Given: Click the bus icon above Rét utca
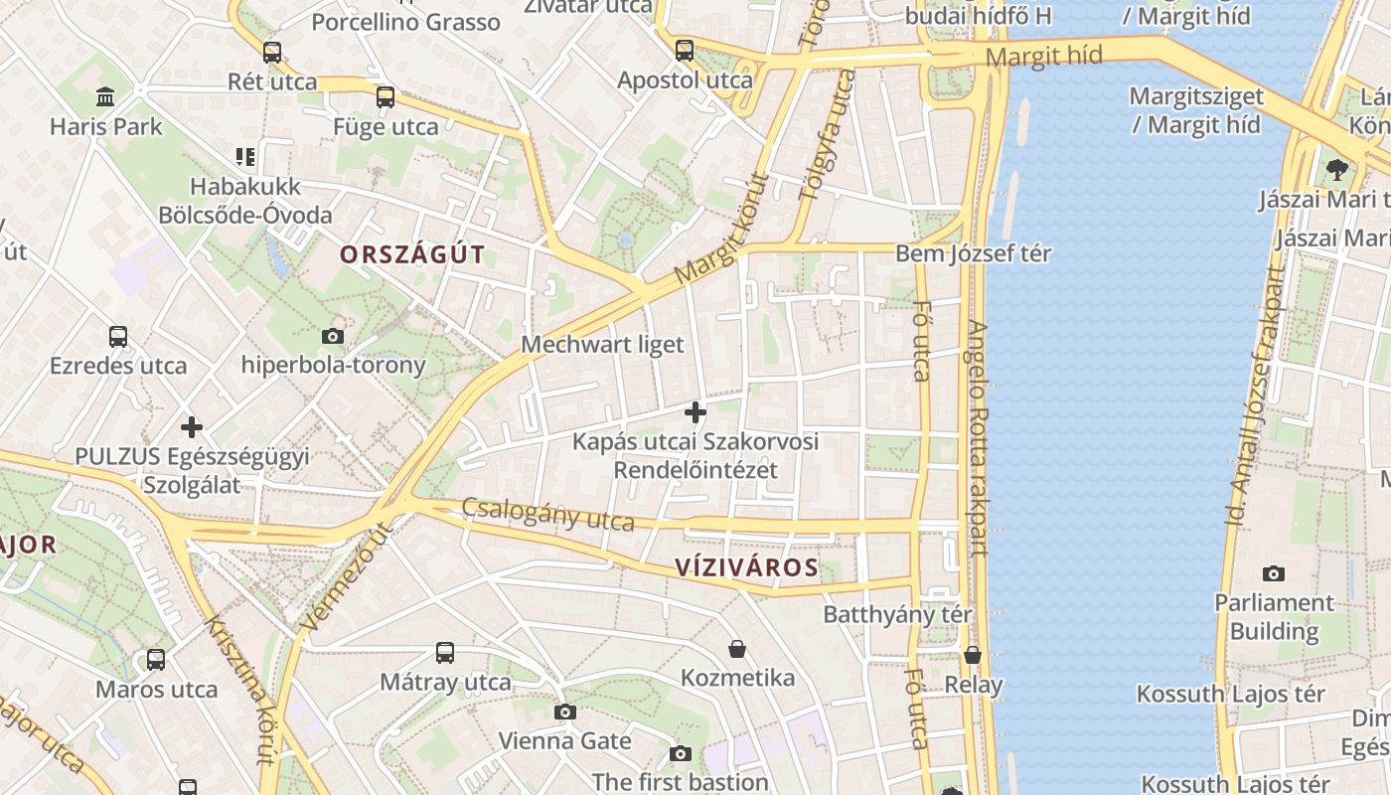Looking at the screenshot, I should pyautogui.click(x=271, y=53).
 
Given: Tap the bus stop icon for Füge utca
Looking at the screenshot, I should pyautogui.click(x=386, y=97).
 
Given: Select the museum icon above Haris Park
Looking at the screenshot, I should pyautogui.click(x=105, y=96).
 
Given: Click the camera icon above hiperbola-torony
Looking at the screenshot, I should pyautogui.click(x=333, y=336).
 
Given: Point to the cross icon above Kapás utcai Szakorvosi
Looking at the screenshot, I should pyautogui.click(x=695, y=411).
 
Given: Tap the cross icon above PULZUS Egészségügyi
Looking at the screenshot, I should pyautogui.click(x=192, y=427).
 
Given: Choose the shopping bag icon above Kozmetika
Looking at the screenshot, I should pyautogui.click(x=737, y=649).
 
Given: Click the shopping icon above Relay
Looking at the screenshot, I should pyautogui.click(x=973, y=656).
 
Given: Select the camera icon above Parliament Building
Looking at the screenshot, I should pyautogui.click(x=1274, y=573).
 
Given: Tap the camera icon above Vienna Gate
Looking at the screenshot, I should pyautogui.click(x=564, y=712).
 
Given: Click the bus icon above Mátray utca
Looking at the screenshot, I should pyautogui.click(x=445, y=653).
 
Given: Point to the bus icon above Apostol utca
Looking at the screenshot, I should pyautogui.click(x=685, y=51).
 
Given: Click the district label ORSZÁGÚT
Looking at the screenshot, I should pyautogui.click(x=412, y=254).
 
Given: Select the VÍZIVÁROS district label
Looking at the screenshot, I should pyautogui.click(x=746, y=568).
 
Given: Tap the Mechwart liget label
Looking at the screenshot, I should pyautogui.click(x=603, y=345).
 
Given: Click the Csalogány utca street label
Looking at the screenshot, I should pyautogui.click(x=547, y=515).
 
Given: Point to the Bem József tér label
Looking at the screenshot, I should pyautogui.click(x=973, y=253).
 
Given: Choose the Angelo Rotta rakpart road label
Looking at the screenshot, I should pyautogui.click(x=978, y=437).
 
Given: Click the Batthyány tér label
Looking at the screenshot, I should pyautogui.click(x=897, y=614).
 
